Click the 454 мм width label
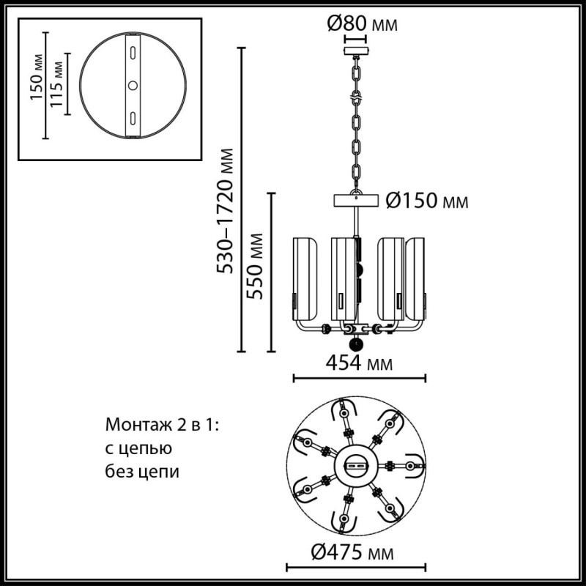tap(359, 364)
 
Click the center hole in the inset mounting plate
tap(133, 85)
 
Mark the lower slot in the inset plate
tap(133, 117)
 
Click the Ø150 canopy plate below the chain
tap(357, 200)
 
